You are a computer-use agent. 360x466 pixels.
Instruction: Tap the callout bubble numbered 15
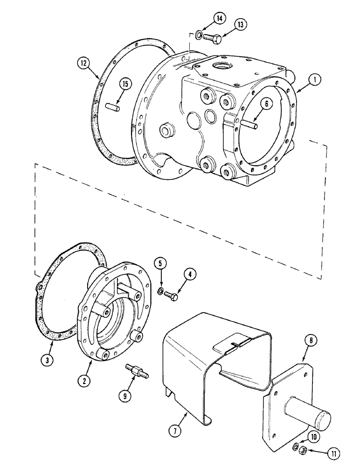[125, 84]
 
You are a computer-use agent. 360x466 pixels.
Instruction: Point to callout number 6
[264, 105]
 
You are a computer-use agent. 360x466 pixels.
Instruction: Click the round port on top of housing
[221, 64]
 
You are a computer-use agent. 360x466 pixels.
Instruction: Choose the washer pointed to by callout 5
[161, 291]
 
